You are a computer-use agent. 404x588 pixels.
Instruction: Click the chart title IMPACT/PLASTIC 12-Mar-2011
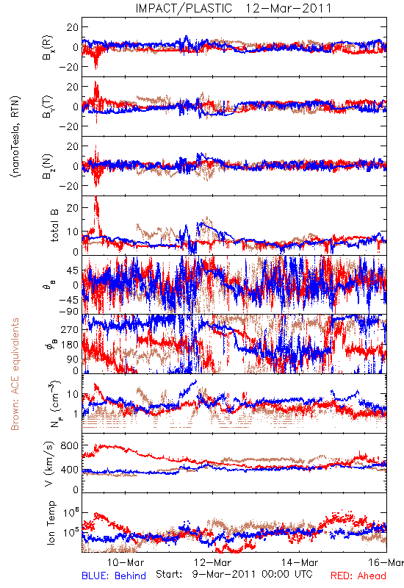234,8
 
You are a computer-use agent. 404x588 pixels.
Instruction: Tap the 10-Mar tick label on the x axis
126,562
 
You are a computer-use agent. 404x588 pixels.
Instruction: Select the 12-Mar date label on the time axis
213,562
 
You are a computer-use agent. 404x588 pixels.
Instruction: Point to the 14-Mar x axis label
300,562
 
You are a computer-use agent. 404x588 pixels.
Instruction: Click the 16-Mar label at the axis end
386,562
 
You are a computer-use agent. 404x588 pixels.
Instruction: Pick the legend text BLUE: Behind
114,576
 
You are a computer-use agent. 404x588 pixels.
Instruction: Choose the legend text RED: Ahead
358,576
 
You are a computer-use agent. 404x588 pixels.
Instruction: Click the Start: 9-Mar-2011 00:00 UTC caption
234,575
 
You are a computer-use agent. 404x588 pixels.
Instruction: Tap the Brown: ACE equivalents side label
15,374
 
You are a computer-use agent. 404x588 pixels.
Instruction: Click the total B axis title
54,226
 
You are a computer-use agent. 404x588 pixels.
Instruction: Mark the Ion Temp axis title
51,523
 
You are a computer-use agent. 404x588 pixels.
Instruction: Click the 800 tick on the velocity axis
70,445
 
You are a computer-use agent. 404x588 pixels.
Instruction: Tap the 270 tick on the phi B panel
70,329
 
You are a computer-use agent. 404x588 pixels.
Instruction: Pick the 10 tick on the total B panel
73,232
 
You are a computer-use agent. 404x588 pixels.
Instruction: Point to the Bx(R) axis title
48,48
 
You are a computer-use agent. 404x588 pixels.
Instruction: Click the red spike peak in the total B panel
96,197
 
